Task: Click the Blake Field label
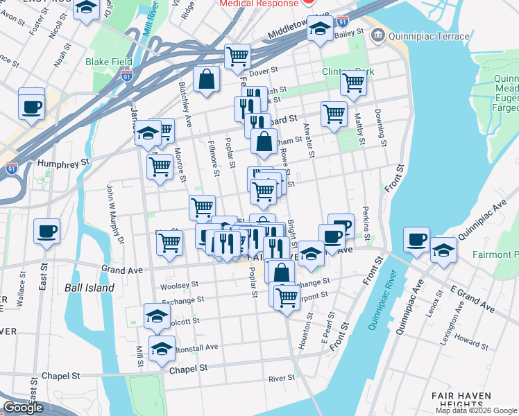108,62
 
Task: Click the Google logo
23,408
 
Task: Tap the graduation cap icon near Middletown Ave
319,28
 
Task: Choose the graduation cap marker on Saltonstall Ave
162,349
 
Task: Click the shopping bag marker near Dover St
207,78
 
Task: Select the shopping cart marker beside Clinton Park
353,83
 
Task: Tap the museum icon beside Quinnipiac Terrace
377,34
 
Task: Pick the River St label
282,379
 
